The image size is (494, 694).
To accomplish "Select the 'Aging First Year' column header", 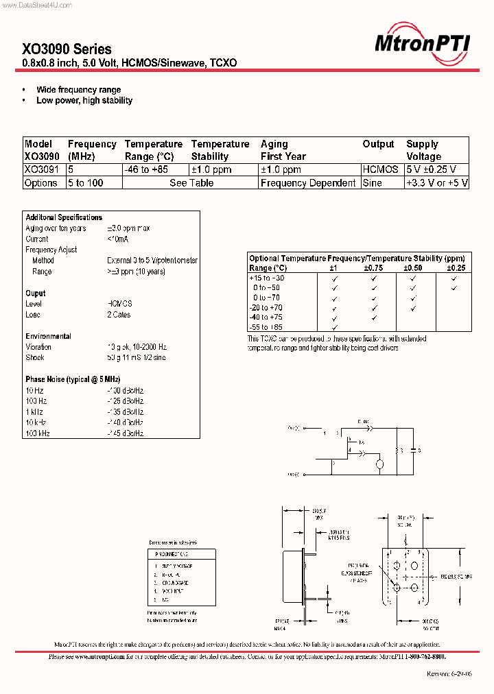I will (283, 150).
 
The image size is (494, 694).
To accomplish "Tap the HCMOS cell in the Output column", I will (380, 169).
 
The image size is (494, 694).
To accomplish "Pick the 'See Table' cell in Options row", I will (191, 183).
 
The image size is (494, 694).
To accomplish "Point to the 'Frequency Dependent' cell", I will (308, 183).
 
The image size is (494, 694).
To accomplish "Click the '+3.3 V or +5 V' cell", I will (437, 183).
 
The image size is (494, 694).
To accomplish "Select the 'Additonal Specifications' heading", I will (63, 217).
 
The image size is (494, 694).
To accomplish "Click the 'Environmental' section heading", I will (48, 336).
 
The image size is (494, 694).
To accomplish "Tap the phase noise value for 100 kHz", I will (126, 433).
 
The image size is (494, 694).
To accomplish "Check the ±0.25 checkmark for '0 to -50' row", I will (454, 288).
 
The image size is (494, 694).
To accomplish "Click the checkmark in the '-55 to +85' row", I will (333, 328).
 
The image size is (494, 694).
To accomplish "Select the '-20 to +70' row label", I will (266, 308).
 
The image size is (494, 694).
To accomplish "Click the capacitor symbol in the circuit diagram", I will (412, 451).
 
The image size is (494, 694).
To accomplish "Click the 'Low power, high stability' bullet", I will (84, 100).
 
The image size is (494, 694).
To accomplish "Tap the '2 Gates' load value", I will (119, 315).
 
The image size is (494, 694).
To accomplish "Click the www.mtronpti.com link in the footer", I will (99, 656).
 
